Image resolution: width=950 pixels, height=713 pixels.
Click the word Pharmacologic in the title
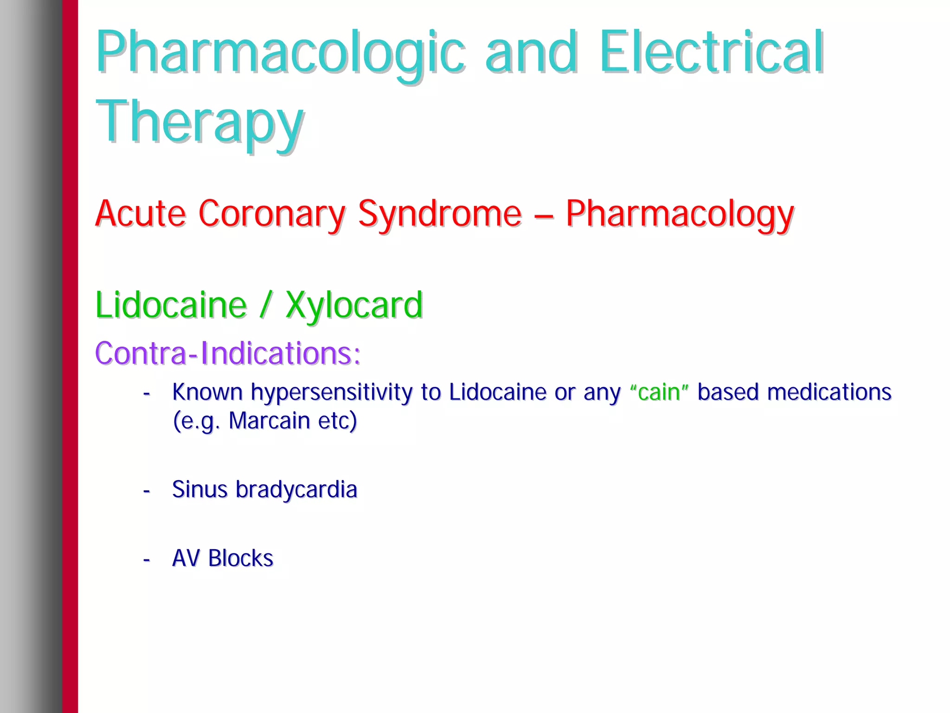tap(280, 52)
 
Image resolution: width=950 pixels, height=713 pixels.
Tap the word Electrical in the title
tap(711, 52)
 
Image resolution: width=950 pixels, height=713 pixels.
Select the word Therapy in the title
tap(199, 122)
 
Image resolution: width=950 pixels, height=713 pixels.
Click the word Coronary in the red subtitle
tap(272, 214)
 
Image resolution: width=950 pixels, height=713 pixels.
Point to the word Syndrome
tap(440, 214)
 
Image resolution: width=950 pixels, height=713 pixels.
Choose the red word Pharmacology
tap(680, 214)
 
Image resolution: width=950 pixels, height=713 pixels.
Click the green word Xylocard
tap(354, 305)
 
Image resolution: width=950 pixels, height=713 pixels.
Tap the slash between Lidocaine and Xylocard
tap(265, 305)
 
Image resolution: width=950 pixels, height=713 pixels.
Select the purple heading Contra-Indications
tap(227, 353)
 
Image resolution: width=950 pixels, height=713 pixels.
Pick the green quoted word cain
tap(659, 392)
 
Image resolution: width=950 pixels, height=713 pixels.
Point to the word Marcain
tap(269, 421)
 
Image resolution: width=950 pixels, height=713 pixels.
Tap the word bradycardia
tap(296, 489)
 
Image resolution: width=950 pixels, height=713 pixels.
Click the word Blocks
tap(241, 558)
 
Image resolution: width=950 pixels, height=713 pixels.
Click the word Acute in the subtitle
tap(141, 214)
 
